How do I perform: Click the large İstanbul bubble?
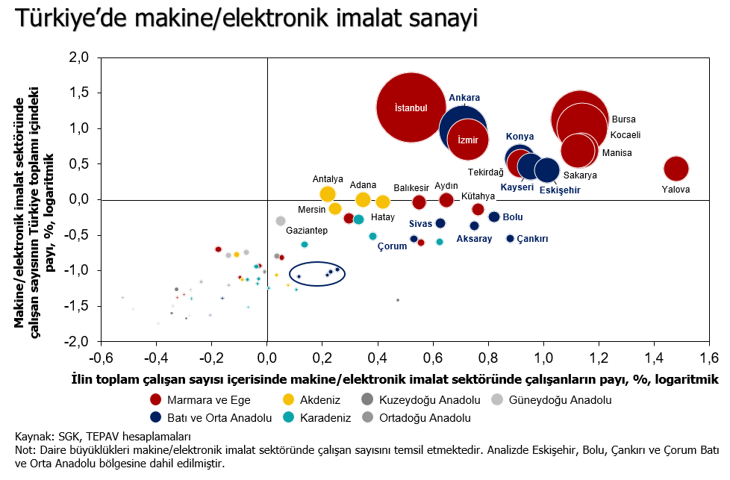(411, 107)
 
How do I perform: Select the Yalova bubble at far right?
(676, 169)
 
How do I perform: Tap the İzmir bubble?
(468, 140)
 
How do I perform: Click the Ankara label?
(464, 98)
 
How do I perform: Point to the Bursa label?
(624, 119)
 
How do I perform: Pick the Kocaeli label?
(626, 135)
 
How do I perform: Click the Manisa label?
(617, 153)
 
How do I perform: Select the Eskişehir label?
(560, 190)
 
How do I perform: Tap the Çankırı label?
(532, 239)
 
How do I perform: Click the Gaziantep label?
(307, 231)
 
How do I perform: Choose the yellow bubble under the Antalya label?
(328, 194)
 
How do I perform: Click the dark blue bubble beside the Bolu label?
(494, 217)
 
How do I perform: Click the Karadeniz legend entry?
(317, 417)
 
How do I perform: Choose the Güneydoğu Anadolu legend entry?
(552, 400)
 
